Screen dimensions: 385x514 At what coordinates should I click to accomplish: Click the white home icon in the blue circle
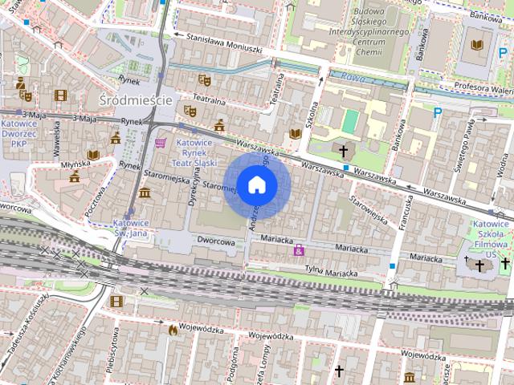[x=256, y=184]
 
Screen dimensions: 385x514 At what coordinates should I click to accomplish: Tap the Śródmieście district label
[x=134, y=99]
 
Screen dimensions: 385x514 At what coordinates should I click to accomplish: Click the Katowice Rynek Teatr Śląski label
[x=194, y=152]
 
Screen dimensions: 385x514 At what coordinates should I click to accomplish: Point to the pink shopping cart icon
[x=161, y=143]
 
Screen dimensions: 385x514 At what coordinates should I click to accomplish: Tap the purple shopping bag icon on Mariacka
[x=300, y=250]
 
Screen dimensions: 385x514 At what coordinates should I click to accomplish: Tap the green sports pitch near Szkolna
[x=350, y=121]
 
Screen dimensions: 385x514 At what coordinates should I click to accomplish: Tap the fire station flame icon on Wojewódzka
[x=172, y=329]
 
